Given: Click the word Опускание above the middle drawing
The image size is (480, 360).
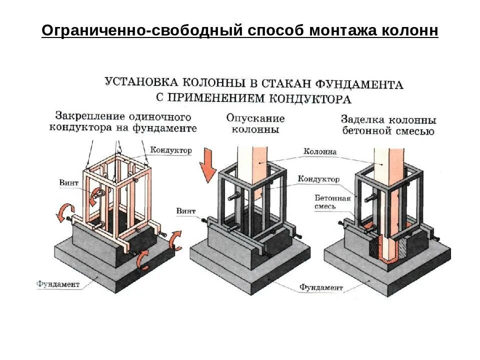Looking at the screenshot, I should coord(255,118).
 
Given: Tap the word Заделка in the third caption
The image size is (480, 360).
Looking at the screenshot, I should coord(362,120).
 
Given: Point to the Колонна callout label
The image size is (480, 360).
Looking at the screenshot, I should coord(320,151).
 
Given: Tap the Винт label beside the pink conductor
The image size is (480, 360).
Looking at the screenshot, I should coord(68,183).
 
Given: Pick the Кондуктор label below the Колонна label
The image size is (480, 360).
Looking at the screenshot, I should coord(318,179).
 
